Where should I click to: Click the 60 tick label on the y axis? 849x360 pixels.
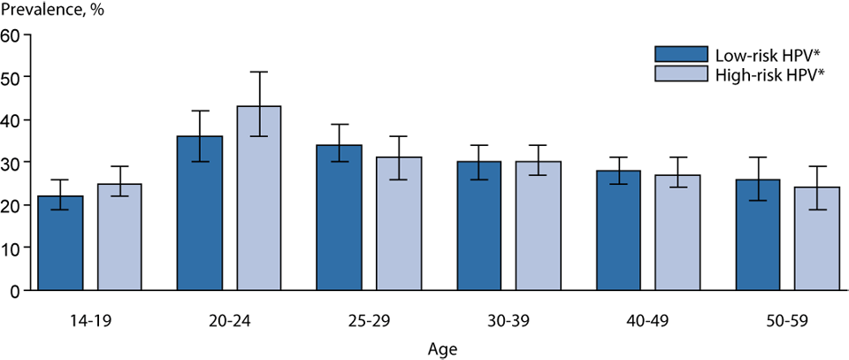(11, 34)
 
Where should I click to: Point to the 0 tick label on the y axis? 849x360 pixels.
(16, 291)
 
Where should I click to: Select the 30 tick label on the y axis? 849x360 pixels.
(11, 163)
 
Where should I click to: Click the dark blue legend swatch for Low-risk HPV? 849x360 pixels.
(681, 54)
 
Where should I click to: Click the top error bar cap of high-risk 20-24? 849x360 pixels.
(258, 72)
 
